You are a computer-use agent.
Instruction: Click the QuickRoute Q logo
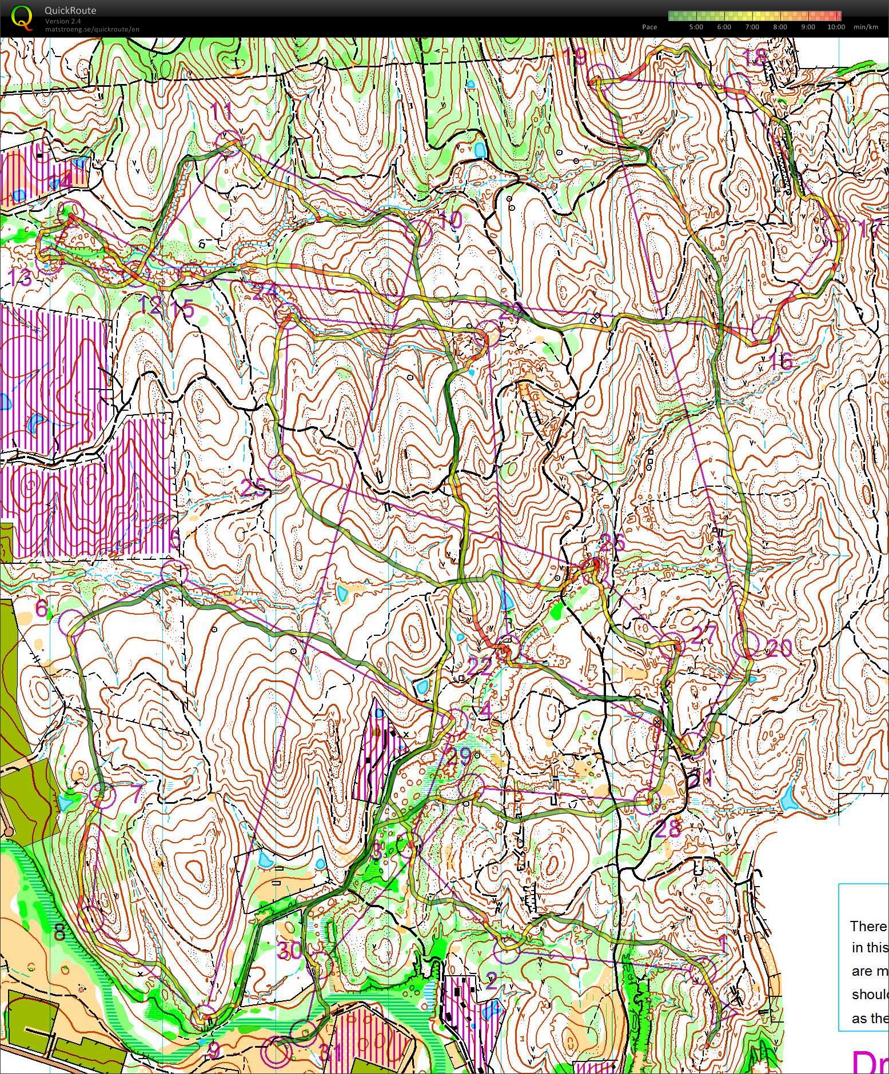point(22,17)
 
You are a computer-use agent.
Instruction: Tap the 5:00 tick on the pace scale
point(696,27)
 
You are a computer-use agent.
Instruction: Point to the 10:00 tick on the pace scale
point(835,27)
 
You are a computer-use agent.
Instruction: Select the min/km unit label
point(866,27)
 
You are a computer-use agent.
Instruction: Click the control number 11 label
point(222,111)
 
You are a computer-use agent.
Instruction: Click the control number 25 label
point(253,488)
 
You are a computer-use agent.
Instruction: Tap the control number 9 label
point(213,1050)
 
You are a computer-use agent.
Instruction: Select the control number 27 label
point(703,635)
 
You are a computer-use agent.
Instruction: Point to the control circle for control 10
point(421,231)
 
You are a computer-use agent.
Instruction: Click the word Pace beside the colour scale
point(649,27)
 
